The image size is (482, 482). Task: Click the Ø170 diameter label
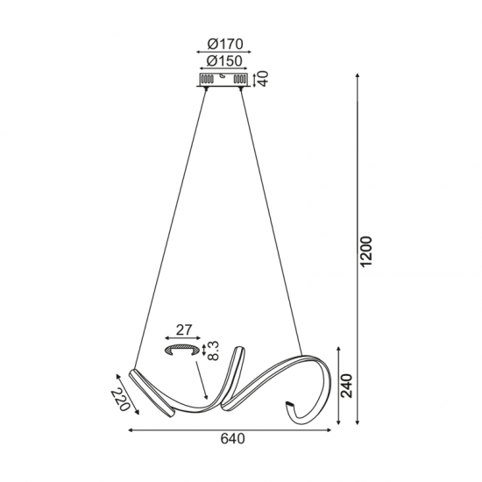(225, 44)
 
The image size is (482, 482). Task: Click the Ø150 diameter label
(225, 62)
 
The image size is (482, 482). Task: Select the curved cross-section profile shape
(185, 350)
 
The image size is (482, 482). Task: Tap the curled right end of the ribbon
(290, 409)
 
